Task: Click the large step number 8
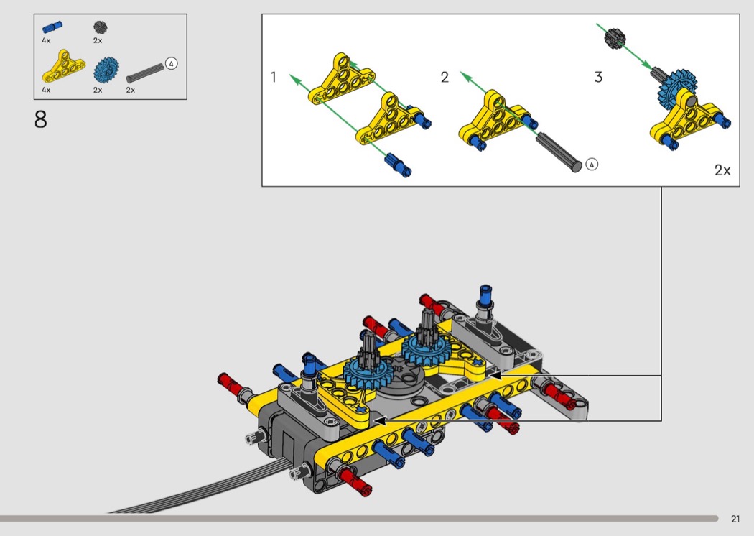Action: [x=41, y=119]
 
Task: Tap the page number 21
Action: [x=735, y=519]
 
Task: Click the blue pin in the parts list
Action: [x=52, y=27]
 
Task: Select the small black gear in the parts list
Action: [x=100, y=27]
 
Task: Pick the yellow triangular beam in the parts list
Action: [x=63, y=66]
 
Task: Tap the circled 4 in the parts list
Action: [x=171, y=63]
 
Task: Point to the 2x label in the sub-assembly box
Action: [x=722, y=170]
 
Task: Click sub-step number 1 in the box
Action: [x=274, y=77]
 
